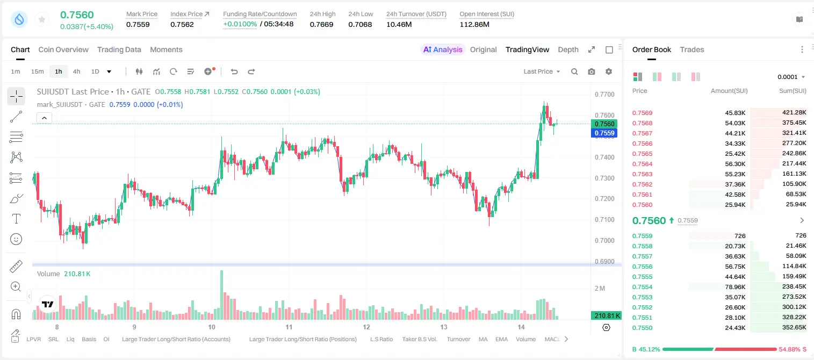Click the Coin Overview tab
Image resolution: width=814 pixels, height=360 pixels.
[x=63, y=49]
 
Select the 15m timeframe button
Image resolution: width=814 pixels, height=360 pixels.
[x=37, y=71]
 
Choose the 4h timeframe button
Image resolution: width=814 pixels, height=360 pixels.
[x=76, y=71]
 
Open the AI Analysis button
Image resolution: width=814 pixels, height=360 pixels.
[x=443, y=49]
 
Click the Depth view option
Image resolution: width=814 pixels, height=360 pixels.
[x=568, y=49]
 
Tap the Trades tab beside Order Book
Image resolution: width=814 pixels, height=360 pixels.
[x=691, y=49]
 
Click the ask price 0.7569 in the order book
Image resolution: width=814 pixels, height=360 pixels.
[x=642, y=113]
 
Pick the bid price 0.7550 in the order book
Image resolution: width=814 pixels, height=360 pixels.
[x=642, y=328]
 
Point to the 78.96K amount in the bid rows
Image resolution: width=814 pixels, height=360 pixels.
[x=735, y=287]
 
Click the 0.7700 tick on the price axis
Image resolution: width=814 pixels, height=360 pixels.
[x=604, y=95]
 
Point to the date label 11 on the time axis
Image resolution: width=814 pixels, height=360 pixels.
[x=289, y=327]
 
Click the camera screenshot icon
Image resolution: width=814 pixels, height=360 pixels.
[x=592, y=71]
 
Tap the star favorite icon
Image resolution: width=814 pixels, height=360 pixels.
[x=42, y=19]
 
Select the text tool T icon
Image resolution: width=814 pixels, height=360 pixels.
[x=16, y=219]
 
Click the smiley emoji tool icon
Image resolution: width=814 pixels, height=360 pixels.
[x=16, y=239]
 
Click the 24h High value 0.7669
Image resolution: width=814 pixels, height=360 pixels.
[x=321, y=24]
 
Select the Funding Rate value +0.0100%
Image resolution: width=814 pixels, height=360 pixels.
[x=240, y=24]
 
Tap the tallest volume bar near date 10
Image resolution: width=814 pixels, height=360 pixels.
[x=222, y=294]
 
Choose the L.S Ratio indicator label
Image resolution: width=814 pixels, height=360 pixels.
[x=381, y=339]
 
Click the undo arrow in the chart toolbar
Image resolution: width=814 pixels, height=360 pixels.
[x=234, y=71]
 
